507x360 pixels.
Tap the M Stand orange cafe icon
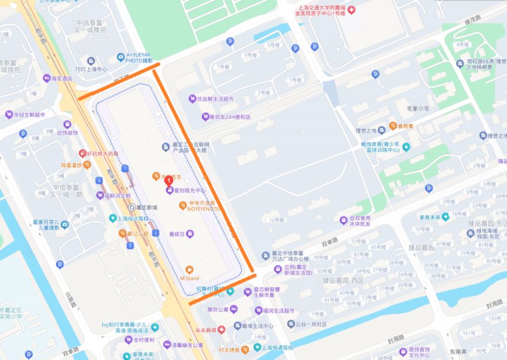(x=189, y=269)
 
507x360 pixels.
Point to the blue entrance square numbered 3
(x=130, y=245)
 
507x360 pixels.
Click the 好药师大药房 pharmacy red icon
(x=83, y=154)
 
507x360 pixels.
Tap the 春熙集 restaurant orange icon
(x=393, y=126)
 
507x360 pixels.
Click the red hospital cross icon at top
(x=351, y=10)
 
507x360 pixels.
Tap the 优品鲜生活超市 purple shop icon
(x=191, y=99)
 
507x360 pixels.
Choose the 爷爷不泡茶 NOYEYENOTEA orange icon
(x=182, y=205)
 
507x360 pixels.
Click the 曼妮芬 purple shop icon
(x=189, y=234)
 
